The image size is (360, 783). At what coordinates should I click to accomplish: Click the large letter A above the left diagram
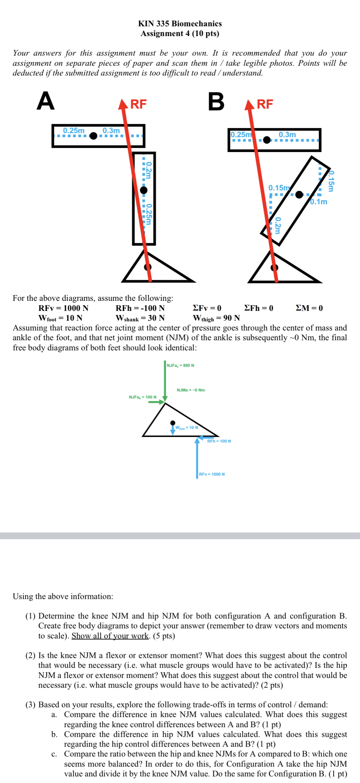coord(46,101)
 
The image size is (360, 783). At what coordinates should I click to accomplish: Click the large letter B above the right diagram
coord(216,101)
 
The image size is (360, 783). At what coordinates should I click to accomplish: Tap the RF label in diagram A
coord(138,104)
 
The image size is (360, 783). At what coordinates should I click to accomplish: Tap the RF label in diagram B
coord(265,104)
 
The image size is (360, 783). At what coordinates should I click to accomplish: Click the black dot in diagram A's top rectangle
coord(94,136)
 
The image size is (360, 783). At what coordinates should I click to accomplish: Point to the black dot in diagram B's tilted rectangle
coord(299,195)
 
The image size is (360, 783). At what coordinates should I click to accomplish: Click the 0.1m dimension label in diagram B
coord(319,202)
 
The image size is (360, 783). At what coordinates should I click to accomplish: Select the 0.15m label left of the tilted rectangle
coord(279,187)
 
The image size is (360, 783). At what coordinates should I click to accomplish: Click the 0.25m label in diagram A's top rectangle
coord(74,130)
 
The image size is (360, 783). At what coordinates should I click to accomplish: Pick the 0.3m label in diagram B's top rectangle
coord(287,135)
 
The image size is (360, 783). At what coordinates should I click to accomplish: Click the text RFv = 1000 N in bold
coord(63,308)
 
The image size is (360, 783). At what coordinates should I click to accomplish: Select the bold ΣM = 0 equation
coord(309,308)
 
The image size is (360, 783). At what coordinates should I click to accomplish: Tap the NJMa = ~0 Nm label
coord(191,390)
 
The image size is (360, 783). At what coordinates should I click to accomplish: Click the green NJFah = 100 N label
coord(143,397)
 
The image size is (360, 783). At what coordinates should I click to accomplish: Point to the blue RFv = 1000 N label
coord(212,474)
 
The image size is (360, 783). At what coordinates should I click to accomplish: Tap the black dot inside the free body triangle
coord(173,423)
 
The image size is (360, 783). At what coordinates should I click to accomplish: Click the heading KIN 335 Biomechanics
coord(180,24)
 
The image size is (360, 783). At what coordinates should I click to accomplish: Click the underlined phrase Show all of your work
coord(110,636)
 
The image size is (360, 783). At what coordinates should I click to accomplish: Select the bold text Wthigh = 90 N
coord(216,318)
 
